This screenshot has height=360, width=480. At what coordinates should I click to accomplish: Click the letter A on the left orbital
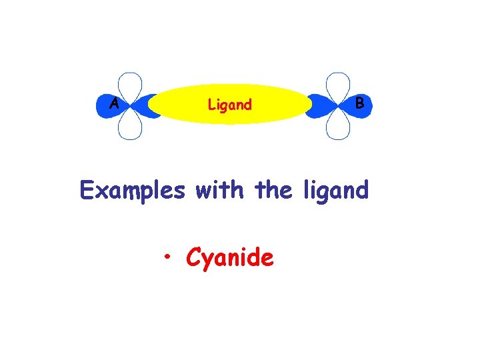tap(115, 104)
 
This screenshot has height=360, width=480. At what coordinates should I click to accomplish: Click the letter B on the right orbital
tap(360, 103)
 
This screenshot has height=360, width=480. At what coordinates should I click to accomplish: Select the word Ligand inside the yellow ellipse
tap(230, 105)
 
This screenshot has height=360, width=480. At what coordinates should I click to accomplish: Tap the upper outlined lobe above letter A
tap(130, 85)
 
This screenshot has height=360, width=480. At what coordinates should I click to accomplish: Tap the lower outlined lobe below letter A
tap(130, 125)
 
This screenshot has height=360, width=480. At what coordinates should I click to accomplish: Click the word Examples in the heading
tap(132, 191)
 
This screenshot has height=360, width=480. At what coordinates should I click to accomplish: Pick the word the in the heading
tap(274, 190)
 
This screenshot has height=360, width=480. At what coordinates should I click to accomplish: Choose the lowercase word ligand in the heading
tap(335, 191)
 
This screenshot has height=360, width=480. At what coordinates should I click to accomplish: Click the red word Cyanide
tap(230, 257)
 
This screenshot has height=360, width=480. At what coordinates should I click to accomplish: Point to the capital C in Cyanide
tap(194, 257)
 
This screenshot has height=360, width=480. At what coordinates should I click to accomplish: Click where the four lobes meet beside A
tap(130, 105)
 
